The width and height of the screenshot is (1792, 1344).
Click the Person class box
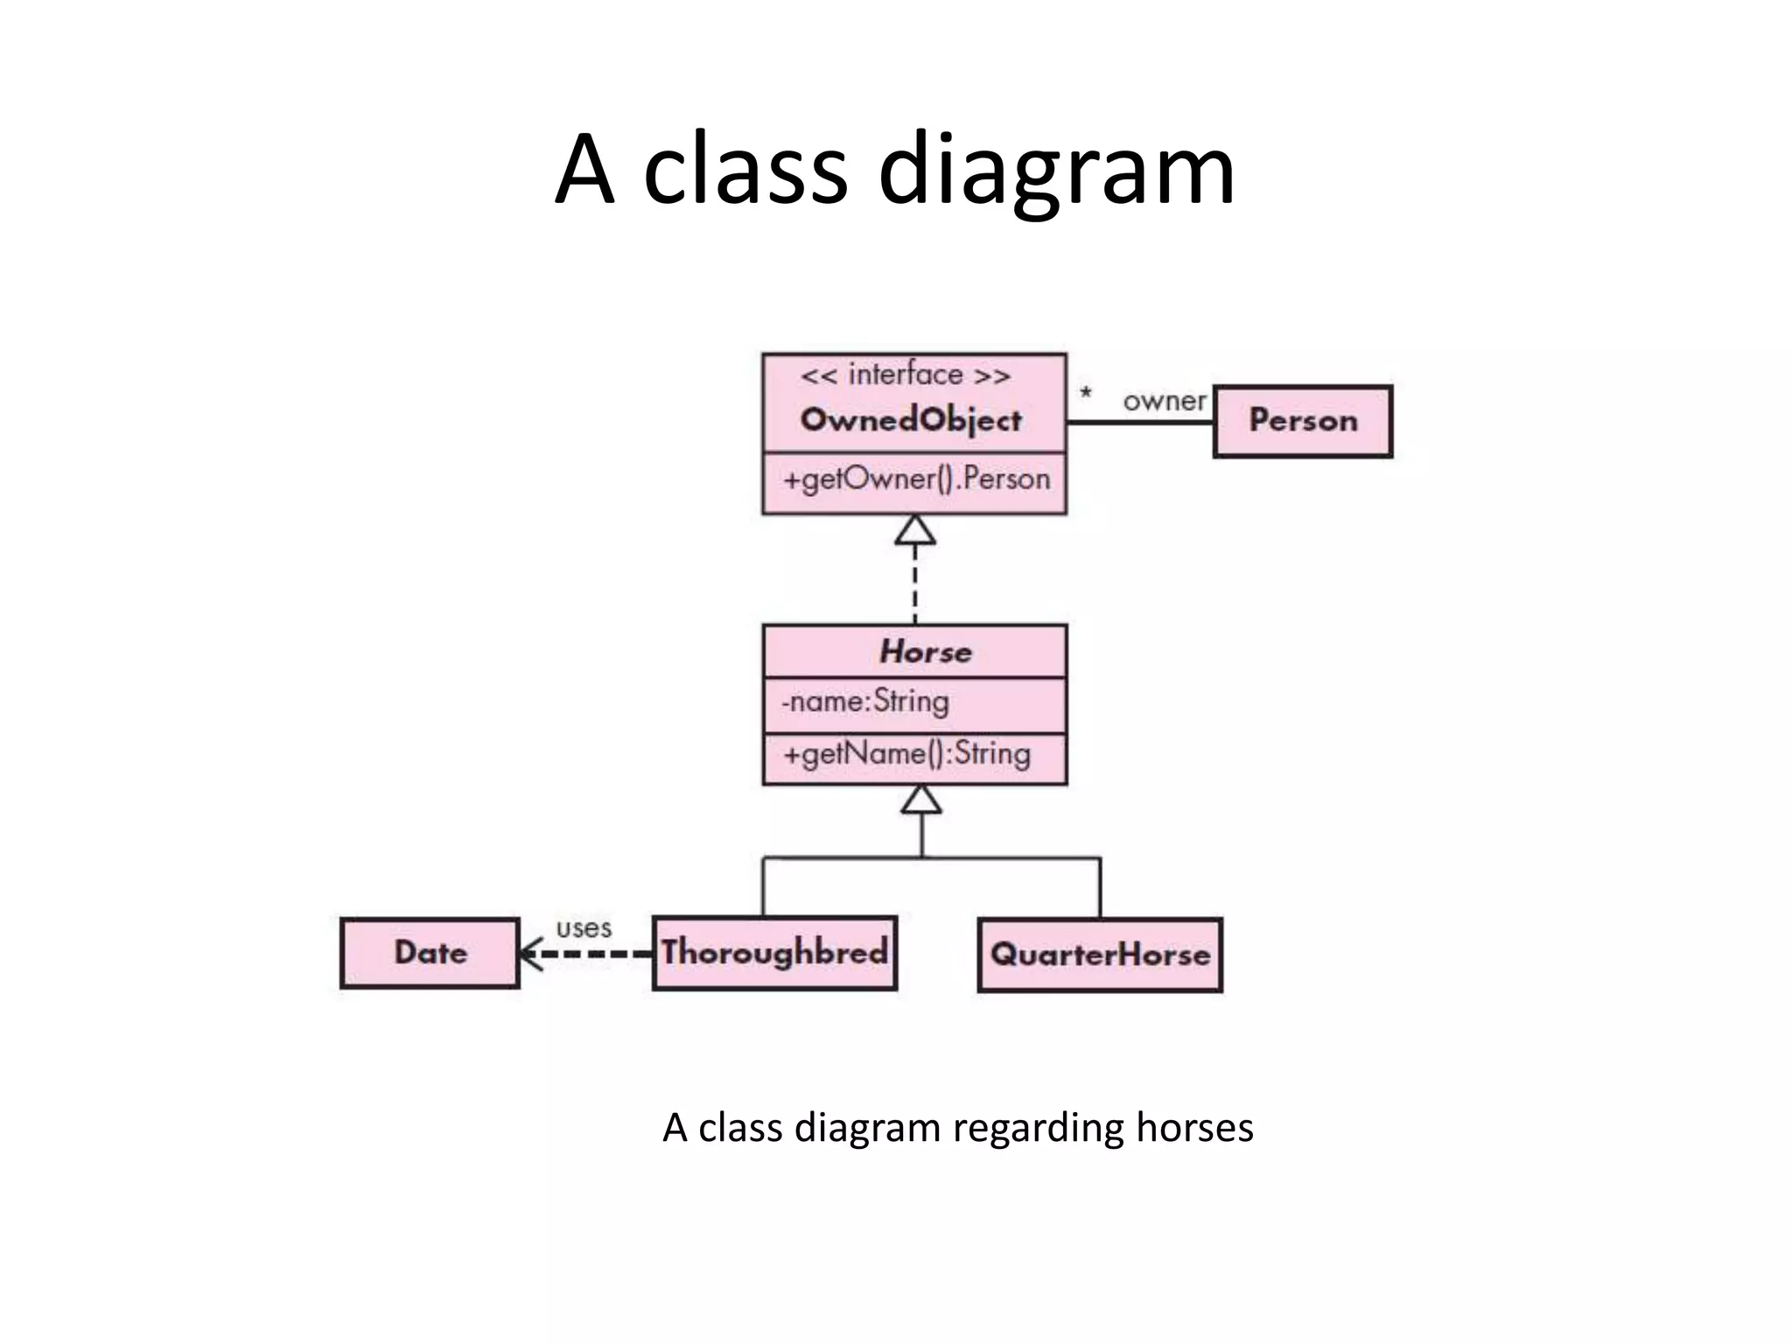[1302, 421]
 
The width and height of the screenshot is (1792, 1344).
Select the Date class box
[430, 953]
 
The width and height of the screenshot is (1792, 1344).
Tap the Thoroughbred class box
[774, 953]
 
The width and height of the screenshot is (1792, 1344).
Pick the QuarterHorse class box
[1100, 955]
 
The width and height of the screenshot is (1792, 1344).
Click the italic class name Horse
[925, 652]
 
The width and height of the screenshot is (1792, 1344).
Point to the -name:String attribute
[864, 702]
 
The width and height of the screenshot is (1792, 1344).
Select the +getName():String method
[906, 754]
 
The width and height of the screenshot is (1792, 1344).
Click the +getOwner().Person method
[916, 479]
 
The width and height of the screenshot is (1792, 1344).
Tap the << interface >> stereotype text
[906, 375]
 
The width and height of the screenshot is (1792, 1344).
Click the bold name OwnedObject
[911, 420]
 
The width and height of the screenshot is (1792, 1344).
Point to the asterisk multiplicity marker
[1086, 394]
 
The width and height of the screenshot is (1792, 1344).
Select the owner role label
[1164, 402]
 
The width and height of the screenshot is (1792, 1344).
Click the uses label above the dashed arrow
[584, 927]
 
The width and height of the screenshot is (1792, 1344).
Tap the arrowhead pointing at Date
[528, 954]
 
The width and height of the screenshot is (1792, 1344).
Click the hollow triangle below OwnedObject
[915, 530]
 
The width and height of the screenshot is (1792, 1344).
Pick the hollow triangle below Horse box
[921, 800]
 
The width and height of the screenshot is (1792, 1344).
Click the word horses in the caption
[1194, 1127]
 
